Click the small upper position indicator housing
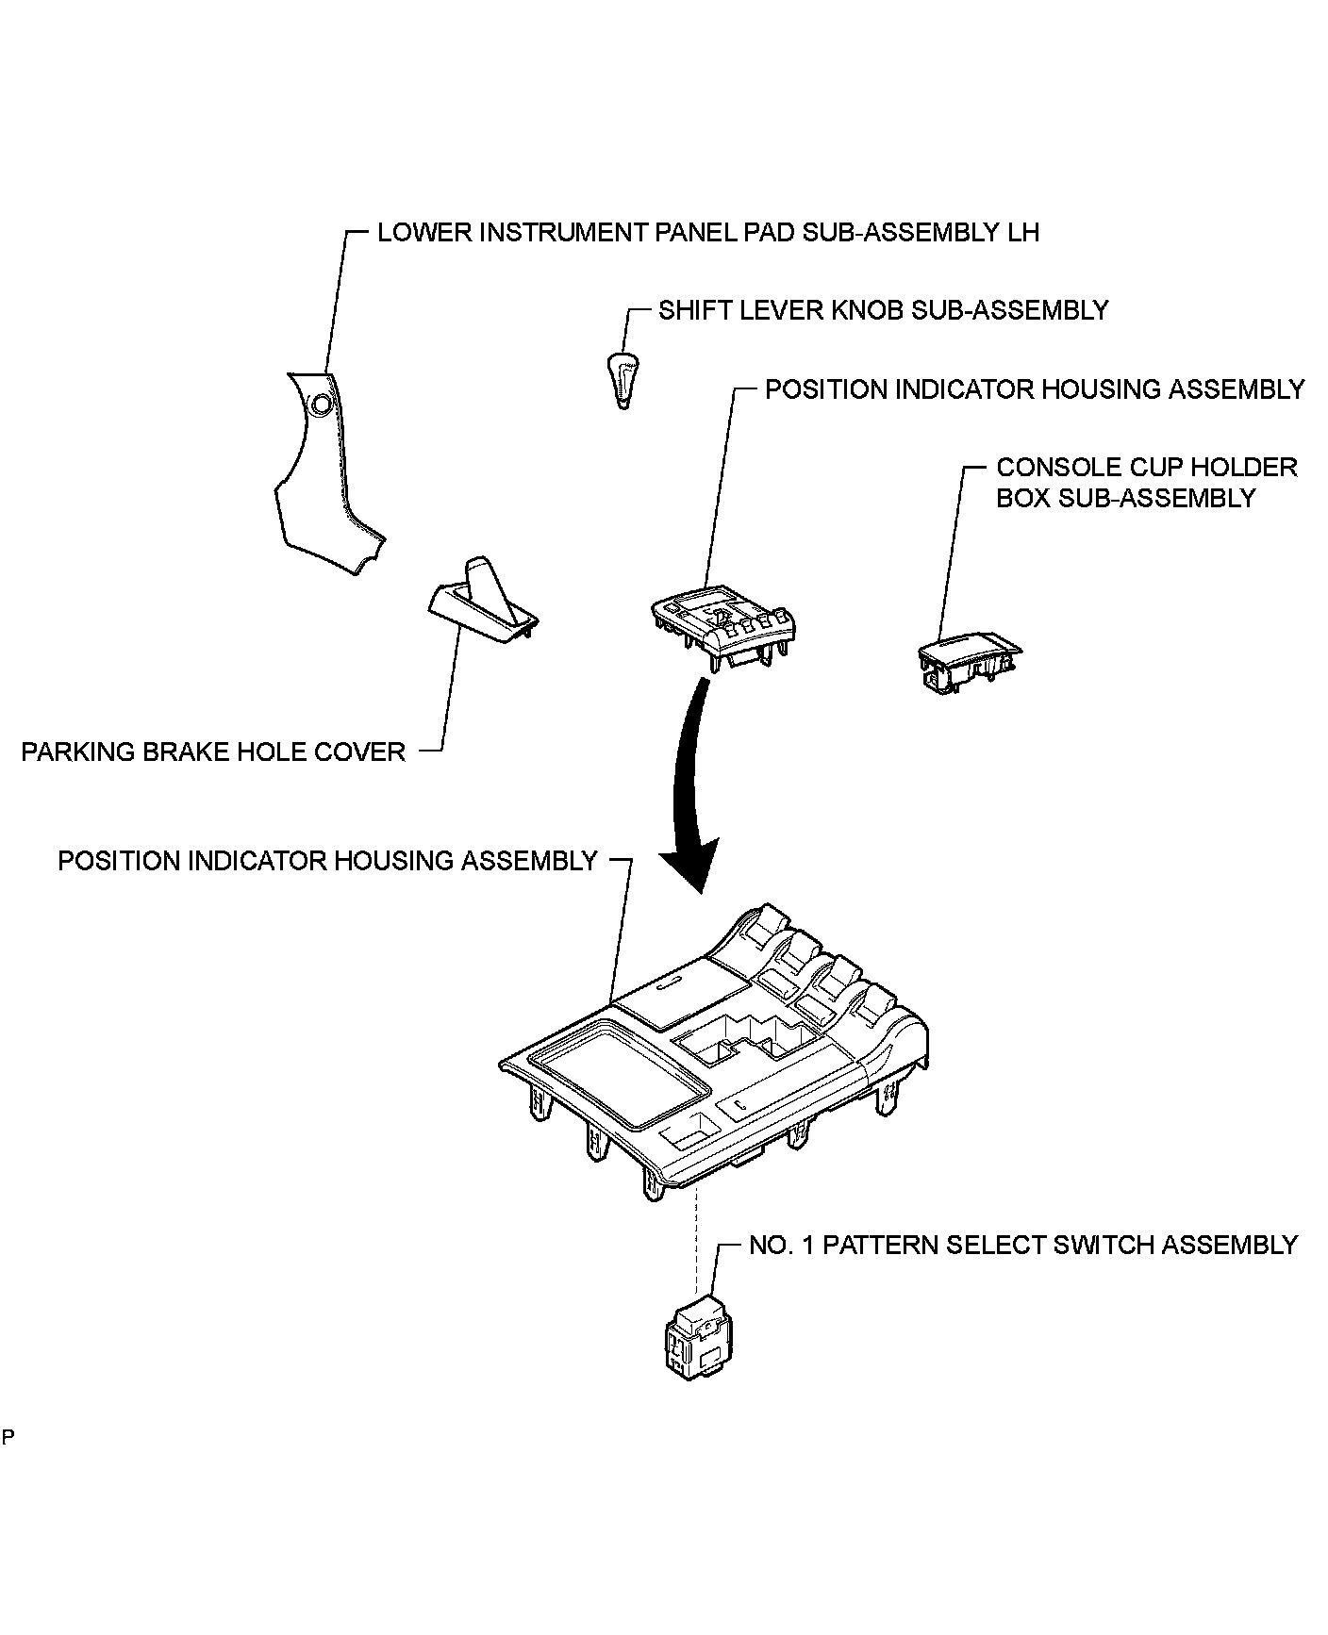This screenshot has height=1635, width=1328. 724,627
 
